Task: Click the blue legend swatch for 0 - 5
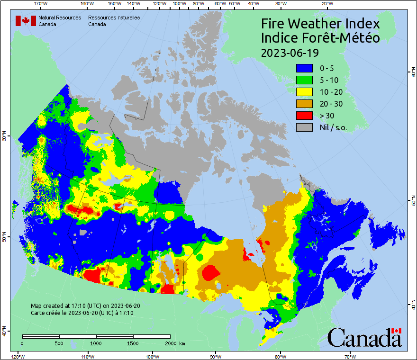tap(304, 68)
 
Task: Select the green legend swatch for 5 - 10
tap(304, 80)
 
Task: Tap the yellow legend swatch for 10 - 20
tap(304, 92)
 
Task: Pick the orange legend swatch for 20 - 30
tap(304, 104)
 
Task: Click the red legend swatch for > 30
tap(304, 116)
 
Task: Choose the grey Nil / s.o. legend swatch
tap(304, 127)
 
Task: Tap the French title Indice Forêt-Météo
tap(320, 38)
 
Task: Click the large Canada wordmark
tap(364, 337)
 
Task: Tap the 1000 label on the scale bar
tap(96, 343)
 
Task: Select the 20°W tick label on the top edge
tap(326, 4)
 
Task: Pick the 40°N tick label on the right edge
tap(413, 306)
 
